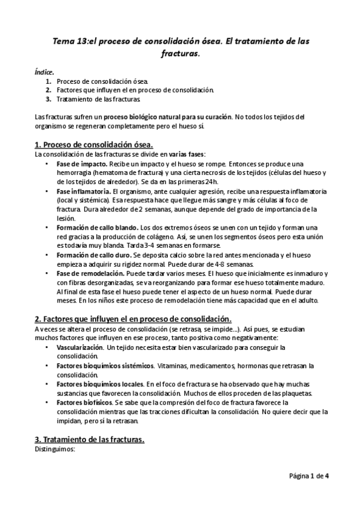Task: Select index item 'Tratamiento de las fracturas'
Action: tap(101, 98)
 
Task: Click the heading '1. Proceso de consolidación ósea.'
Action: tap(94, 145)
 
